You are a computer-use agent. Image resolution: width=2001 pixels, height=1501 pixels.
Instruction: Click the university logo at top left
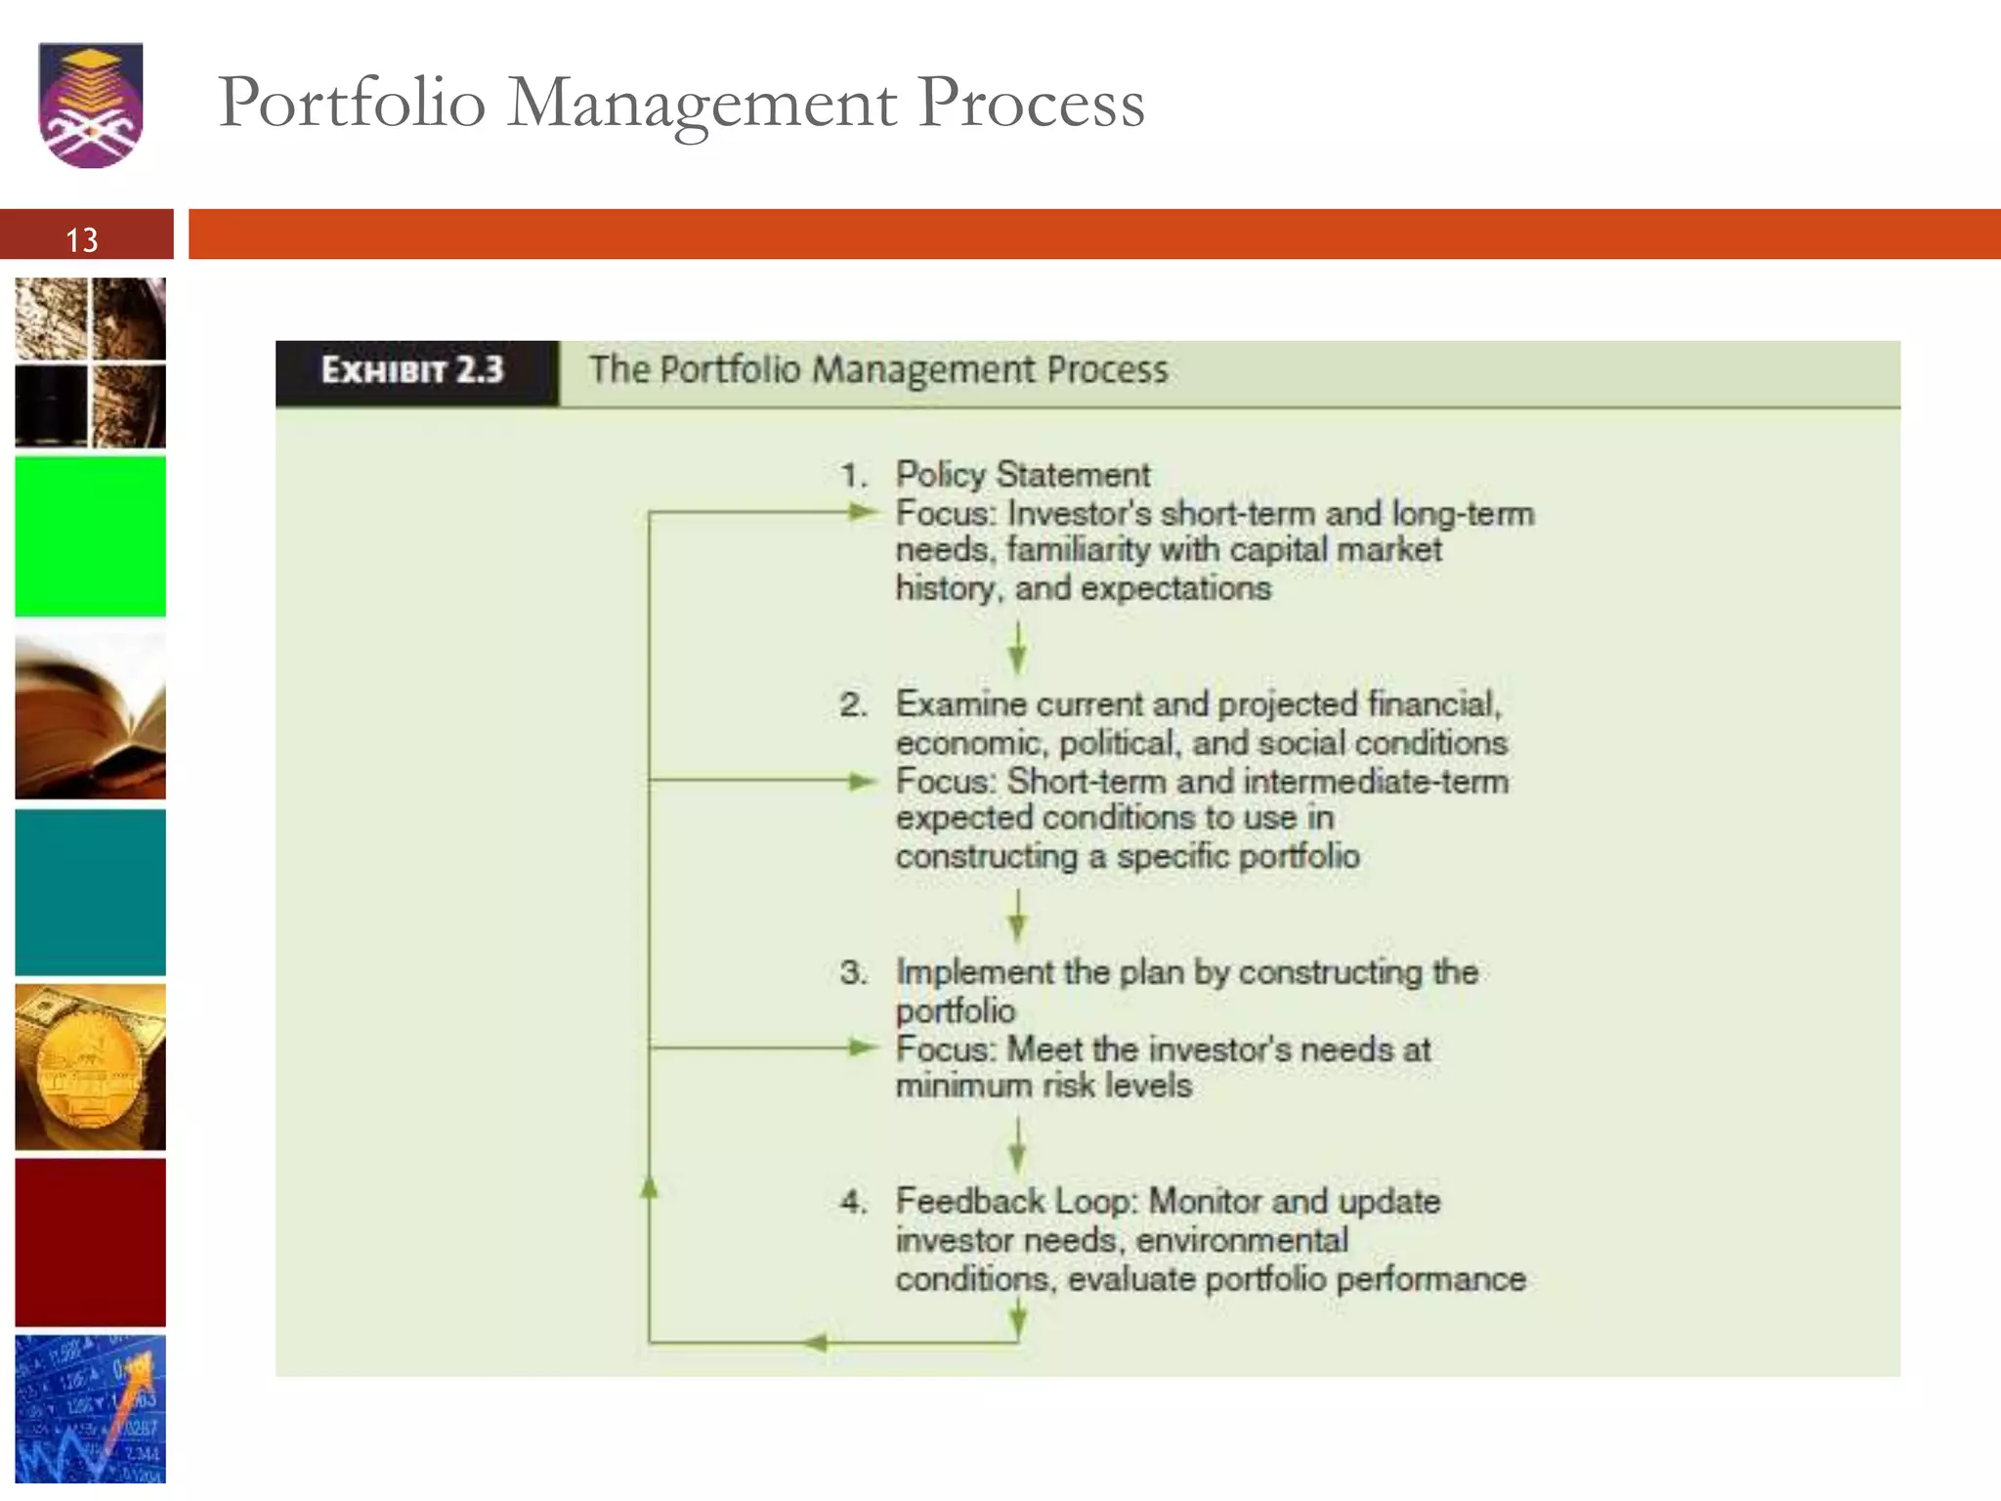tap(91, 105)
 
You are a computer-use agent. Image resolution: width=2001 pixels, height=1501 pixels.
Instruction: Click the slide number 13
tap(82, 240)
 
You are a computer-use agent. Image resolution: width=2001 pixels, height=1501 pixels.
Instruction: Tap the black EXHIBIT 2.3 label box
tap(414, 371)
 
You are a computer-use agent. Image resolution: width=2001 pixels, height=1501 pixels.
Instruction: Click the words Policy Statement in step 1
tap(1023, 475)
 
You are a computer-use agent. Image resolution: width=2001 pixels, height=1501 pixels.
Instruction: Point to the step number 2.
tap(852, 705)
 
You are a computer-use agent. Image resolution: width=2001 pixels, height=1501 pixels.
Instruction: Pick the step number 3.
tap(852, 972)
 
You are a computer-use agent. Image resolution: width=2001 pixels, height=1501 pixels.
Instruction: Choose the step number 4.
tap(852, 1201)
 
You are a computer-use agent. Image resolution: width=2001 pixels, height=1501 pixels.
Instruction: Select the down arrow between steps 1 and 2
tap(1018, 650)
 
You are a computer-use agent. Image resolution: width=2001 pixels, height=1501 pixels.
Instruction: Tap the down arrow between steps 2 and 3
tap(1018, 918)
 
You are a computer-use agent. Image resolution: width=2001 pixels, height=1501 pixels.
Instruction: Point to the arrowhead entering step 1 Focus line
tap(862, 511)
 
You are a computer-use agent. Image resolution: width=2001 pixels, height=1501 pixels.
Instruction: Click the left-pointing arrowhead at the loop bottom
tap(815, 1343)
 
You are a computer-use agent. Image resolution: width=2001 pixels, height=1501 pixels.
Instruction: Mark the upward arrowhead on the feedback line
tap(649, 1186)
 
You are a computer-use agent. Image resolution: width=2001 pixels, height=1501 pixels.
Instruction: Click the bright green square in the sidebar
tap(91, 536)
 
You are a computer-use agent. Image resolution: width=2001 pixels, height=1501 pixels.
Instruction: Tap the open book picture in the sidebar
tap(91, 716)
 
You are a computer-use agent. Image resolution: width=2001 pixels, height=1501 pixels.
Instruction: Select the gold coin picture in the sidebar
tap(91, 1067)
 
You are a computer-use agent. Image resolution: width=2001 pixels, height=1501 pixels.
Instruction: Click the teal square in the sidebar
tap(91, 892)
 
